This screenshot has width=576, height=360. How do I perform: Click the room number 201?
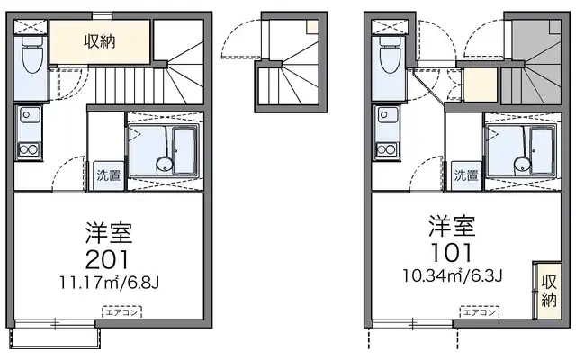pos(110,261)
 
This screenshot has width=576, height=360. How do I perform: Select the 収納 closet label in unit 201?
pos(100,40)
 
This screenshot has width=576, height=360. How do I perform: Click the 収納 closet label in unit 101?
pos(549,291)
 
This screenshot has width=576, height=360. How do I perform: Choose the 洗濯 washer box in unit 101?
pos(465,175)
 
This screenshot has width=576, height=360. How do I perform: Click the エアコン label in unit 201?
pos(120,312)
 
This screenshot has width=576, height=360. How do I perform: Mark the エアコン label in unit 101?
pos(479,312)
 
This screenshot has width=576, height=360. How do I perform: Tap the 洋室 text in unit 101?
pos(453,222)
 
